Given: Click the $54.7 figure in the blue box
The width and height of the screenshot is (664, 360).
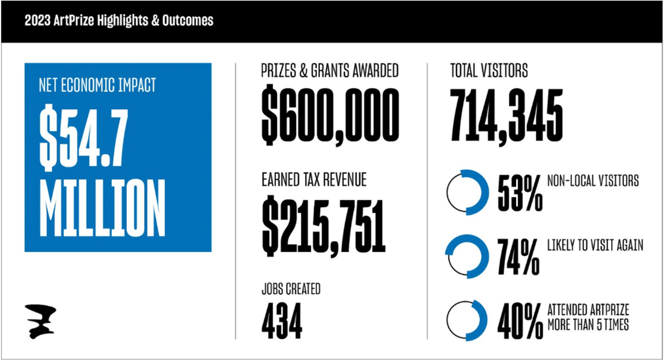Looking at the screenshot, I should pyautogui.click(x=84, y=138).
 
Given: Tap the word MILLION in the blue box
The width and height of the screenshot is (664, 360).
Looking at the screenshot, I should pyautogui.click(x=102, y=208).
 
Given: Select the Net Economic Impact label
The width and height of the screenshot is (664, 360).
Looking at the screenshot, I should pyautogui.click(x=97, y=85).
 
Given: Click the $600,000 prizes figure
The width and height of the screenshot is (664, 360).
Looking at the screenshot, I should pyautogui.click(x=330, y=115).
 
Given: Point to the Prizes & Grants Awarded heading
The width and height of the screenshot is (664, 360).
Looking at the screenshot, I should pyautogui.click(x=330, y=71).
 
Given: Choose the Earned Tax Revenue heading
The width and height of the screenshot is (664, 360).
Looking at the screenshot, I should pyautogui.click(x=314, y=180).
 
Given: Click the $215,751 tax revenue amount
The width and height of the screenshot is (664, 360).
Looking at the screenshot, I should pyautogui.click(x=324, y=226).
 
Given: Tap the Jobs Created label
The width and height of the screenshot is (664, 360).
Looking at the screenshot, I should pyautogui.click(x=291, y=289).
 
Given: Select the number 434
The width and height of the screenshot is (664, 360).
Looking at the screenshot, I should pyautogui.click(x=282, y=321).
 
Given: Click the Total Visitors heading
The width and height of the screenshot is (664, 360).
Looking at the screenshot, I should pyautogui.click(x=489, y=71).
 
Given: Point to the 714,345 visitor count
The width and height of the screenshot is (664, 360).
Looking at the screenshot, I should pyautogui.click(x=506, y=115).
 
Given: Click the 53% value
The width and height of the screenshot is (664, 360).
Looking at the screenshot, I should pyautogui.click(x=520, y=193).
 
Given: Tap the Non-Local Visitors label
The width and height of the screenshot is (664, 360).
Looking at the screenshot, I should pyautogui.click(x=593, y=181).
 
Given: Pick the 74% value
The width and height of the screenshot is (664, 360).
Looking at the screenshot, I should pyautogui.click(x=518, y=257).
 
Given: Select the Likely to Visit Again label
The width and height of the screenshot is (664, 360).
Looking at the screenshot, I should pyautogui.click(x=595, y=245).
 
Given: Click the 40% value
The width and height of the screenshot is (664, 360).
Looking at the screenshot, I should pyautogui.click(x=520, y=321).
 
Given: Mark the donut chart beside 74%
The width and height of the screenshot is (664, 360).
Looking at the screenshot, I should pyautogui.click(x=467, y=256).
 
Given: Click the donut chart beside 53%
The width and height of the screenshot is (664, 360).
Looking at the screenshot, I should pyautogui.click(x=467, y=192).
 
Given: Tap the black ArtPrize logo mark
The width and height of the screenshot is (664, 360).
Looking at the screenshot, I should pyautogui.click(x=40, y=321).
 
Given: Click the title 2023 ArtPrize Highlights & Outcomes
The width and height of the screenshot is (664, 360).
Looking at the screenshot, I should pyautogui.click(x=119, y=21).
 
